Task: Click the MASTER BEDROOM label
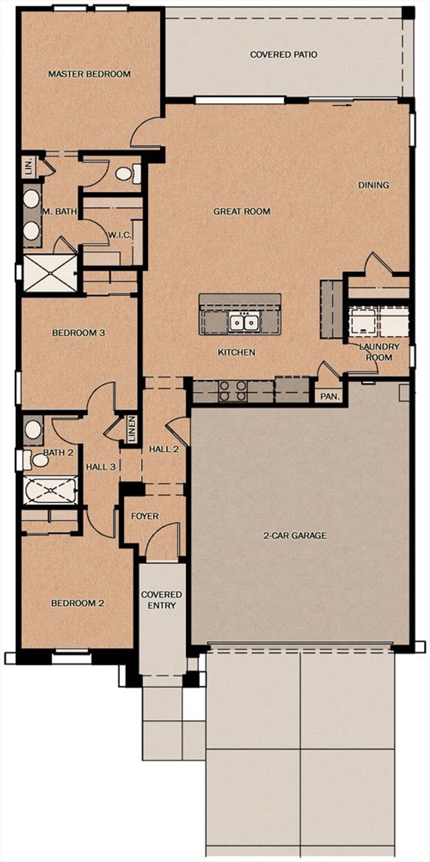point(89,74)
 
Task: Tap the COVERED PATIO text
point(284,54)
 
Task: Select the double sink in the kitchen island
point(244,323)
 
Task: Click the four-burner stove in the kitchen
point(232,391)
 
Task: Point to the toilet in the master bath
point(128,173)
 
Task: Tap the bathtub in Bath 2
point(50,490)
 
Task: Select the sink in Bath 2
point(33,430)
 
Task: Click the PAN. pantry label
point(330,396)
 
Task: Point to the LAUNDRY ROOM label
point(379,351)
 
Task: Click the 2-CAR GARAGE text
point(295,535)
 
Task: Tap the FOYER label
point(145,516)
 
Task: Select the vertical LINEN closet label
point(132,429)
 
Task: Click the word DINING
point(374,185)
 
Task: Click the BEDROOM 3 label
point(79,333)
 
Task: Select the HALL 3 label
point(101,467)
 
